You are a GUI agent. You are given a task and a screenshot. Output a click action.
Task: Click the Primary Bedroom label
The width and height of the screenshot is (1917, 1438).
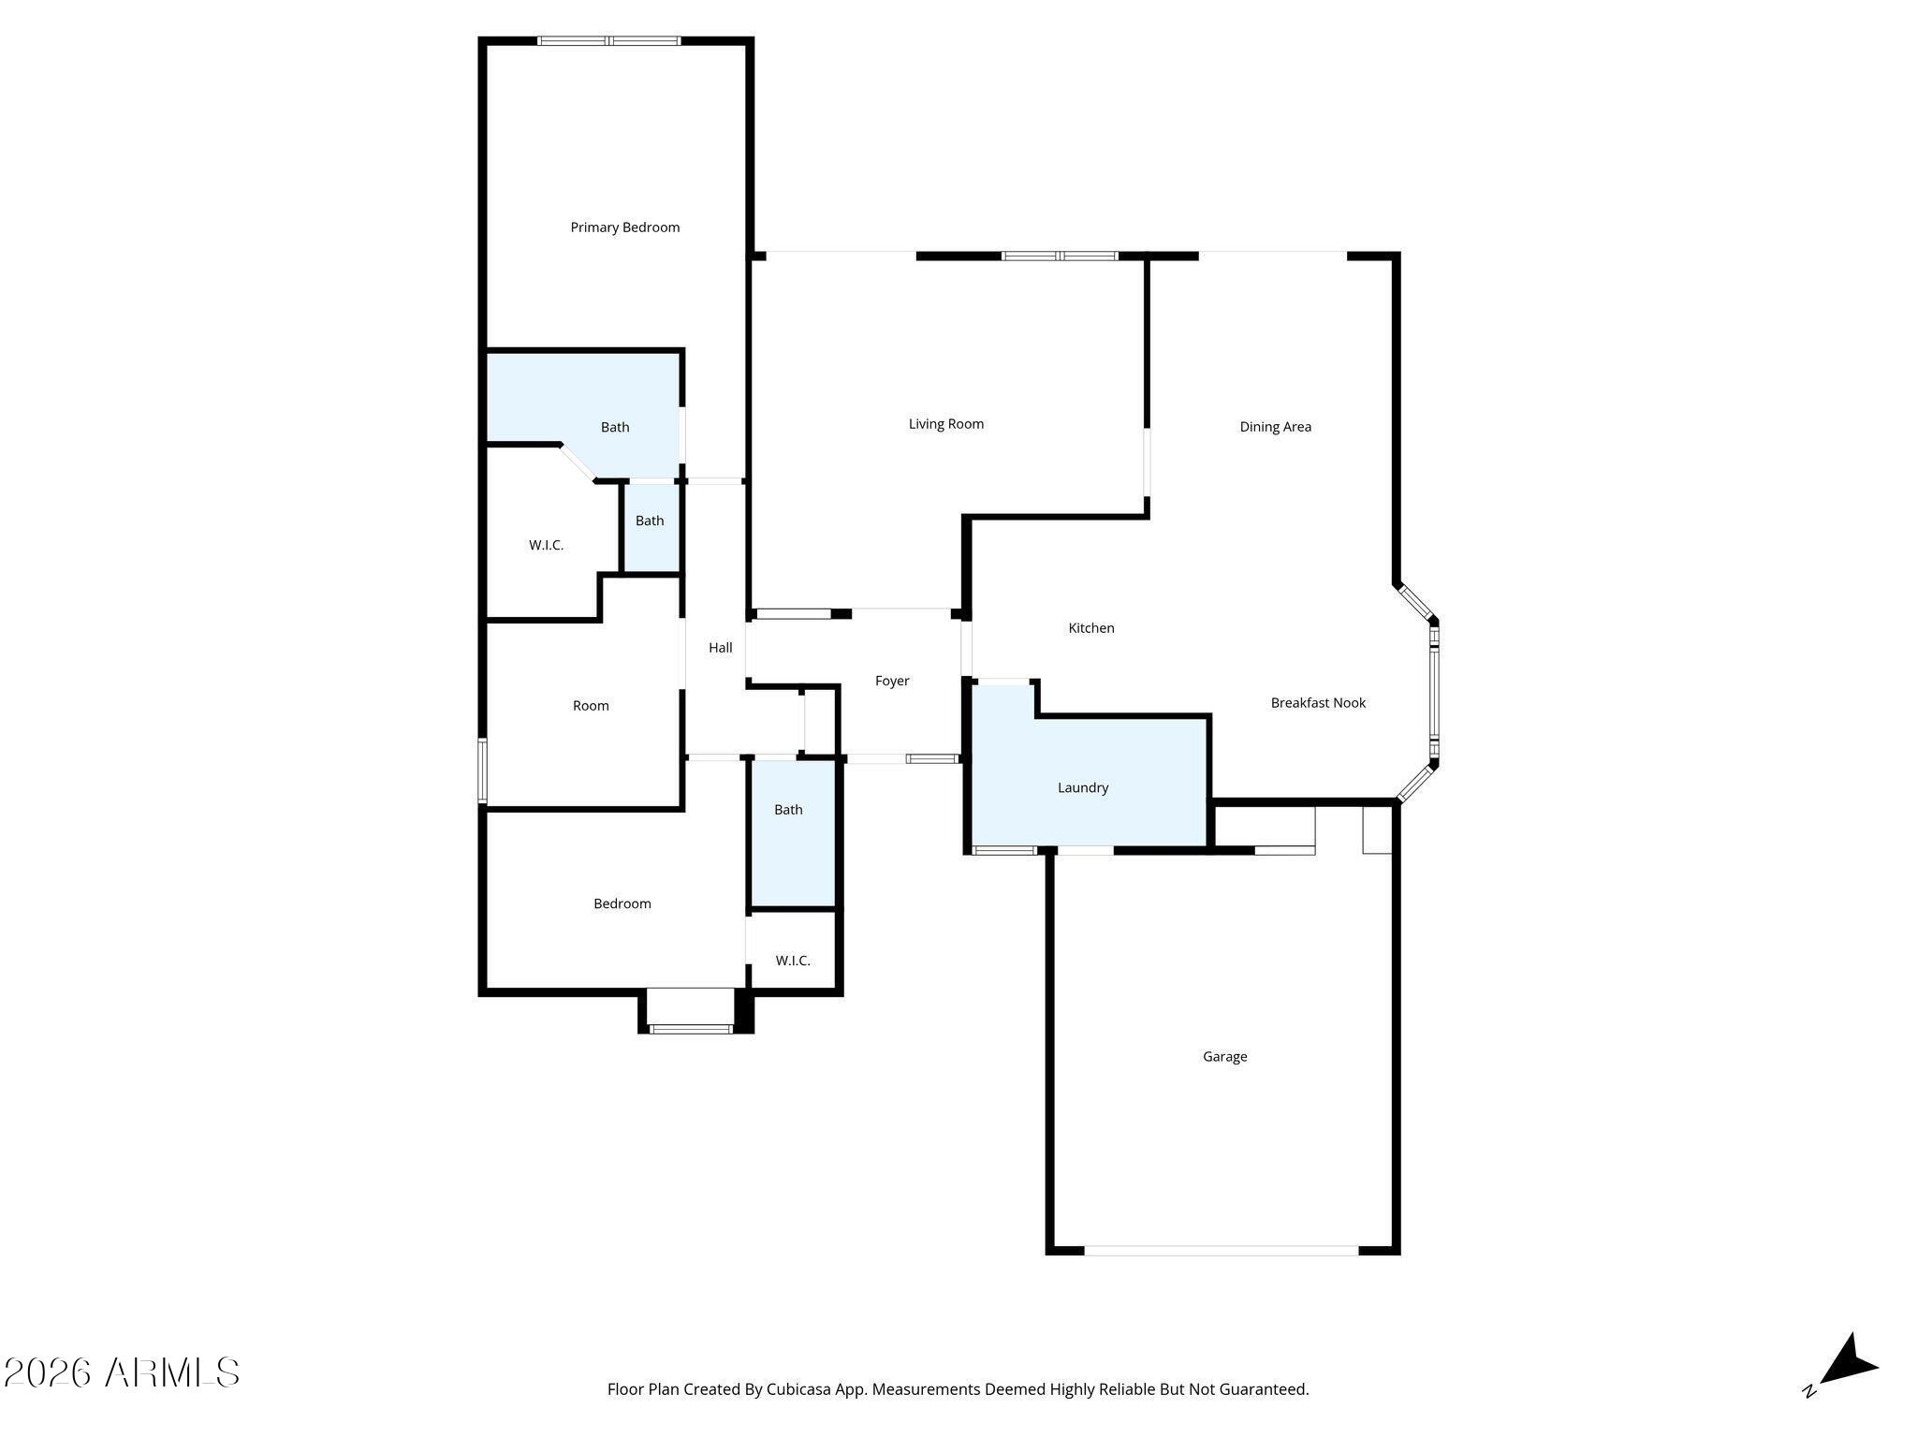coord(625,227)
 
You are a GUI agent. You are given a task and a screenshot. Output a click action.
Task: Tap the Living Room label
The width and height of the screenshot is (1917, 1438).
coord(946,424)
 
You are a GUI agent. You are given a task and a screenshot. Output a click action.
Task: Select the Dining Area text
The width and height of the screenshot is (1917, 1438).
coord(1276,427)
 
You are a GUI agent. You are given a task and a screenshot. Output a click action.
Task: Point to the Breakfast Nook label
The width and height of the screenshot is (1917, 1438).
coord(1318,703)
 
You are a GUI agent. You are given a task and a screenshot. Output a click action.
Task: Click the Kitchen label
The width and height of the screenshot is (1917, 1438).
coord(1091,628)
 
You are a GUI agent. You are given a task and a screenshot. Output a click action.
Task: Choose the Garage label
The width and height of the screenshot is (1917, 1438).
coord(1225,1057)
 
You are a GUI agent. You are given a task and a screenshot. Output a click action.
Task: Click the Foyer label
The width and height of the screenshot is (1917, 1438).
coord(892,682)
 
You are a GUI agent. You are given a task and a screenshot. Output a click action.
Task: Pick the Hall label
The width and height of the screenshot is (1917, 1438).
coord(721,648)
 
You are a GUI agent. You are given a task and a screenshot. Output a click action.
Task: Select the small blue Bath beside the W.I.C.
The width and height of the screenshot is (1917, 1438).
coord(651,526)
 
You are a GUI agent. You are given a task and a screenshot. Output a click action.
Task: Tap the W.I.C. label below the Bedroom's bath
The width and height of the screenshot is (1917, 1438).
coord(793,961)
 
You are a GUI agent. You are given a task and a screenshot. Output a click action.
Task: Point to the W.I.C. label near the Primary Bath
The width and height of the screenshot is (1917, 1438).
coord(547,545)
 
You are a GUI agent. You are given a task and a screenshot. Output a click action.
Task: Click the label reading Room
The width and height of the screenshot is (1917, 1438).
coord(591,706)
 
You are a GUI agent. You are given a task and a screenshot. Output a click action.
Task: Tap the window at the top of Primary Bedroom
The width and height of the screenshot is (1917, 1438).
coord(609,41)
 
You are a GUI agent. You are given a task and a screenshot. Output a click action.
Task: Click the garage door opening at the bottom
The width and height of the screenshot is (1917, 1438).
coord(1222,1250)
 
